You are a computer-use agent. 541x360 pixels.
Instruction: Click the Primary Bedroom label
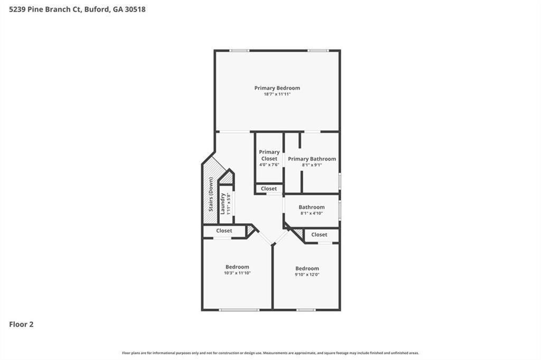coord(277,88)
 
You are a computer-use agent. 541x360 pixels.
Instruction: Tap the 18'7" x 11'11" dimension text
coord(277,94)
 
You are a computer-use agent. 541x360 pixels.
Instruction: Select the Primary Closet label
coord(269,155)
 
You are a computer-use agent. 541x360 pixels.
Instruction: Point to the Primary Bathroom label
coord(312,159)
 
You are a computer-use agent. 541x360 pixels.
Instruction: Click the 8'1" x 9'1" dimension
coord(312,165)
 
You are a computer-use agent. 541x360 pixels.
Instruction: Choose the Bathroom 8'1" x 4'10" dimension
coord(312,214)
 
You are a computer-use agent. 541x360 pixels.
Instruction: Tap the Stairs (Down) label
coord(211,194)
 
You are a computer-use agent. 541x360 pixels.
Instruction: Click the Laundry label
coord(223,203)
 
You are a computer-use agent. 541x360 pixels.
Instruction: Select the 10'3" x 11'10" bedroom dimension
coord(237,273)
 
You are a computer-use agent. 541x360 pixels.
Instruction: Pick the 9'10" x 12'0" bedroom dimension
coord(307,274)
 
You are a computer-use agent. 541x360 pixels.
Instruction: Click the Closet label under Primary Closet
coord(268,188)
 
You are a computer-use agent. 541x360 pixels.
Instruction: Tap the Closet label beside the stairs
coord(224,231)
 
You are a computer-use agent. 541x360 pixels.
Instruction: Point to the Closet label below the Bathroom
coord(319,235)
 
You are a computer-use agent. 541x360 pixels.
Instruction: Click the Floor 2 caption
coord(21,325)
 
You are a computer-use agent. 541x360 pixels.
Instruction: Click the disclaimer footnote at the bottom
coord(270,353)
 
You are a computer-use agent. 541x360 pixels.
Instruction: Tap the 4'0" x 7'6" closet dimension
coord(269,165)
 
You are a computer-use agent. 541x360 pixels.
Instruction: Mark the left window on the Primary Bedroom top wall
coord(239,51)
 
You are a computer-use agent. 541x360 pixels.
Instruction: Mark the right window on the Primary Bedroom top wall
coord(318,51)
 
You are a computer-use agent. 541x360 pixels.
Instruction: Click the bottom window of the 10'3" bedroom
coord(232,310)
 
